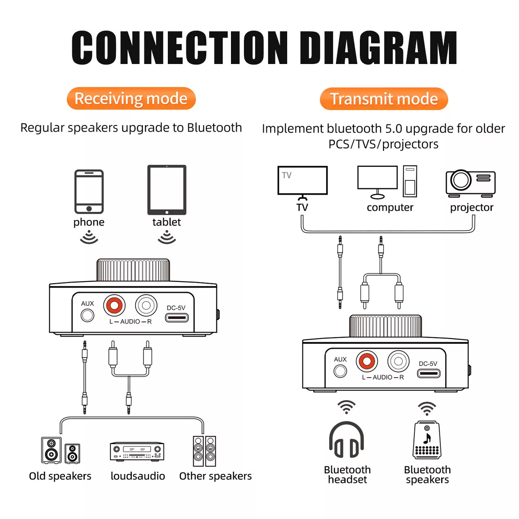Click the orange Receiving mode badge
(x=131, y=99)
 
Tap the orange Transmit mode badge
(x=384, y=99)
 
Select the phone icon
(x=89, y=192)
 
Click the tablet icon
(x=167, y=190)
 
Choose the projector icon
(x=471, y=182)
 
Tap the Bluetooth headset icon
(x=346, y=440)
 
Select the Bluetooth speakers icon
(x=427, y=440)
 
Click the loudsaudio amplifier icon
(x=137, y=452)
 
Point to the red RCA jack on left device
(x=114, y=306)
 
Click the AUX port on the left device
(x=87, y=315)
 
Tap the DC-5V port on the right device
(x=429, y=373)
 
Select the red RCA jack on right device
(x=367, y=361)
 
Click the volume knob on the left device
(x=133, y=270)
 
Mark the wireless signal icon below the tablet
(x=167, y=237)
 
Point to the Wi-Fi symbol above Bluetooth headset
(x=346, y=407)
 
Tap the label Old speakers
(x=60, y=476)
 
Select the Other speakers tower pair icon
(x=204, y=451)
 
